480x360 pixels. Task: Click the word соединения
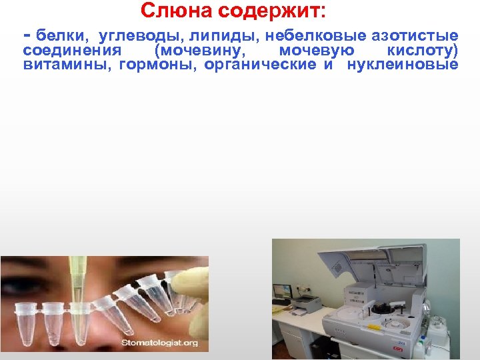72,50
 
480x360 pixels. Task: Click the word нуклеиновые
403,65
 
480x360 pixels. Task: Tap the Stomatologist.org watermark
160,343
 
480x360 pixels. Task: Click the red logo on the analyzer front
398,348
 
